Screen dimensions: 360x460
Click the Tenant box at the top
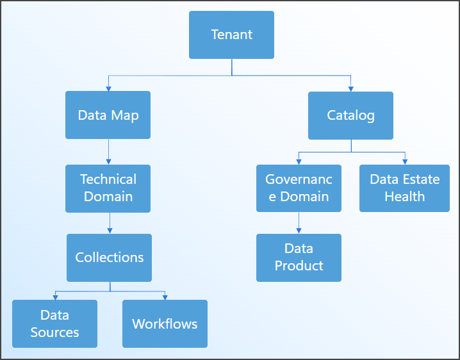pyautogui.click(x=231, y=35)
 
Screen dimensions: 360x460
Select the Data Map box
pyautogui.click(x=108, y=115)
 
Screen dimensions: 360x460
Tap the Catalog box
pyautogui.click(x=350, y=115)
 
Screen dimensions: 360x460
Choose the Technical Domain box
pyautogui.click(x=108, y=188)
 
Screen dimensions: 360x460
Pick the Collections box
pyautogui.click(x=109, y=258)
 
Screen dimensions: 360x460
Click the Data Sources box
pyautogui.click(x=54, y=323)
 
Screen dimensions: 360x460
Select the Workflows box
pyautogui.click(x=165, y=323)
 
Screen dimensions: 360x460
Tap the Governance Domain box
pyautogui.click(x=299, y=188)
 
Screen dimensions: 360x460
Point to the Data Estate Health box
pyautogui.click(x=404, y=188)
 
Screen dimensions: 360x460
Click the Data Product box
pyautogui.click(x=299, y=258)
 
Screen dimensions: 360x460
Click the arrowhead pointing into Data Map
pyautogui.click(x=108, y=88)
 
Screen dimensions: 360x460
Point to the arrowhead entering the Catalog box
pyautogui.click(x=350, y=88)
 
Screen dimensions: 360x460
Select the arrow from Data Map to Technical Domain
pyautogui.click(x=108, y=152)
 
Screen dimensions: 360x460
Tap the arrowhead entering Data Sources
pyautogui.click(x=55, y=297)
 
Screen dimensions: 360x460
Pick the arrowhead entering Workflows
pyautogui.click(x=165, y=297)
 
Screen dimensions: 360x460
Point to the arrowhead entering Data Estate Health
pyautogui.click(x=404, y=162)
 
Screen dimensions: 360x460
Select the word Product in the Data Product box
pyautogui.click(x=299, y=266)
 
